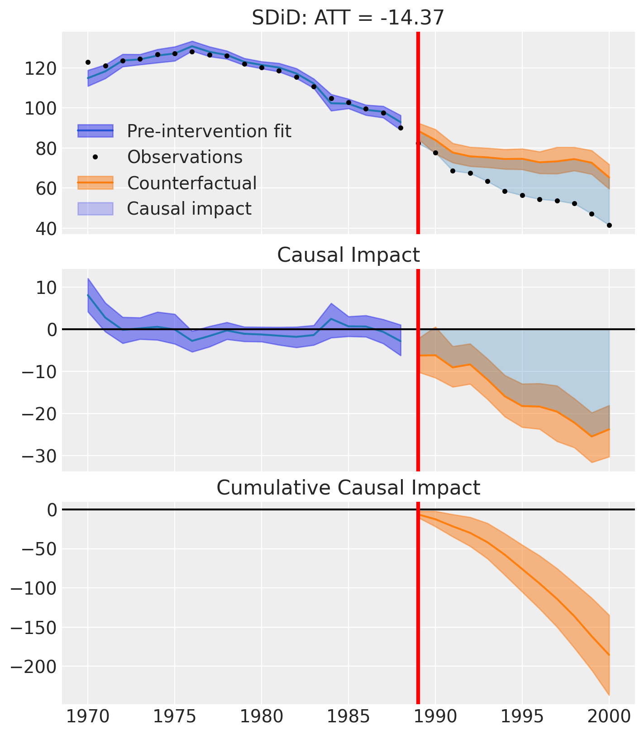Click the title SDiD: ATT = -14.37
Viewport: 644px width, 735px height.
pyautogui.click(x=348, y=18)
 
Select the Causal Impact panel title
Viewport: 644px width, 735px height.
pyautogui.click(x=348, y=255)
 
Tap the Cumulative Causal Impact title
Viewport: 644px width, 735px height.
pyautogui.click(x=348, y=488)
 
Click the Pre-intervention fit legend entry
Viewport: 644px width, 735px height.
pyautogui.click(x=185, y=131)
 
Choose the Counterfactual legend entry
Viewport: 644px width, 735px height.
pyautogui.click(x=167, y=183)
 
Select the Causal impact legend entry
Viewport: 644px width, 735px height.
pyautogui.click(x=164, y=209)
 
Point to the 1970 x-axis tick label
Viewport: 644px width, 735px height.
pyautogui.click(x=88, y=717)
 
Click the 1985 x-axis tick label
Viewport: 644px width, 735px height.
pyautogui.click(x=348, y=717)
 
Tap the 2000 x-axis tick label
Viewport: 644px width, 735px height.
pyautogui.click(x=609, y=717)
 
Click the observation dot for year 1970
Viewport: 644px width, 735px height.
pyautogui.click(x=88, y=62)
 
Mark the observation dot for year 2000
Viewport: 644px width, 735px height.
pyautogui.click(x=609, y=225)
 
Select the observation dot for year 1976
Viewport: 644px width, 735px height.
pyautogui.click(x=192, y=52)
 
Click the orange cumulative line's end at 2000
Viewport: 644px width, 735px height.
pyautogui.click(x=609, y=655)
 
